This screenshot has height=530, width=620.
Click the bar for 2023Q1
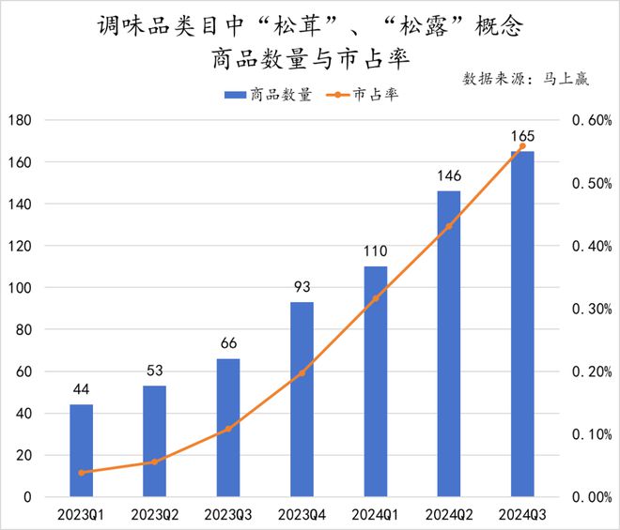82,450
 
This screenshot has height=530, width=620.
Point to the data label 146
449,176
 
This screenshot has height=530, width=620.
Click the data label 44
82,389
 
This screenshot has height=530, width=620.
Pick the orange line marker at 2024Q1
376,298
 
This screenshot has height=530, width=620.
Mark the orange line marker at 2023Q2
155,462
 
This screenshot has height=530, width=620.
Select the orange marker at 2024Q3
522,146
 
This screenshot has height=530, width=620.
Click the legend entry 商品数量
269,96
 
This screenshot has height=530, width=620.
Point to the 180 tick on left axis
22,120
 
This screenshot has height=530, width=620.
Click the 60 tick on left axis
25,371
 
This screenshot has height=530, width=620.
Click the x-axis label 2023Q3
228,514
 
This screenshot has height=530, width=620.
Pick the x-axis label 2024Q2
449,514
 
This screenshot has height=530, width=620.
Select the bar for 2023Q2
155,441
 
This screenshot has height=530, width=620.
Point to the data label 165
522,137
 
